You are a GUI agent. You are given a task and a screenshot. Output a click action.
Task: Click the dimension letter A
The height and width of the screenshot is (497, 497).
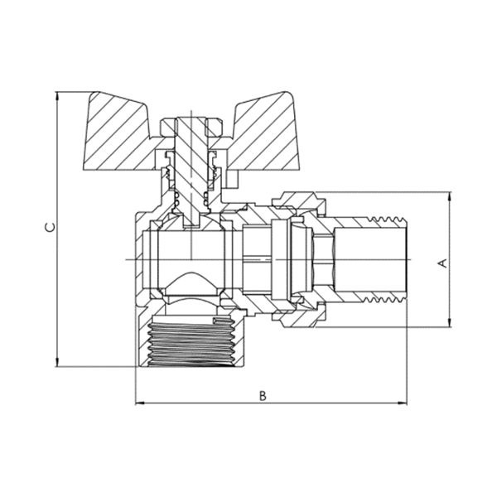click(x=442, y=263)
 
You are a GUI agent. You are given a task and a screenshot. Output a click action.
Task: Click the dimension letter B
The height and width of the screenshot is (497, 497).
click(x=262, y=395)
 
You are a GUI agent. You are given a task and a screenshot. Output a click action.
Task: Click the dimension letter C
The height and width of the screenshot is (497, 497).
click(x=50, y=227)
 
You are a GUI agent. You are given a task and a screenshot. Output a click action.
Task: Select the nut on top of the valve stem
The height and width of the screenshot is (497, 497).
click(x=192, y=124)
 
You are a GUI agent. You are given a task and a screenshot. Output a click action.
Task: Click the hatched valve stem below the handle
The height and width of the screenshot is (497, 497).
click(x=192, y=182)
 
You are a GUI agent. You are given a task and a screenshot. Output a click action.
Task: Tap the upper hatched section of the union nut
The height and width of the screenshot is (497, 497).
click(x=294, y=205)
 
